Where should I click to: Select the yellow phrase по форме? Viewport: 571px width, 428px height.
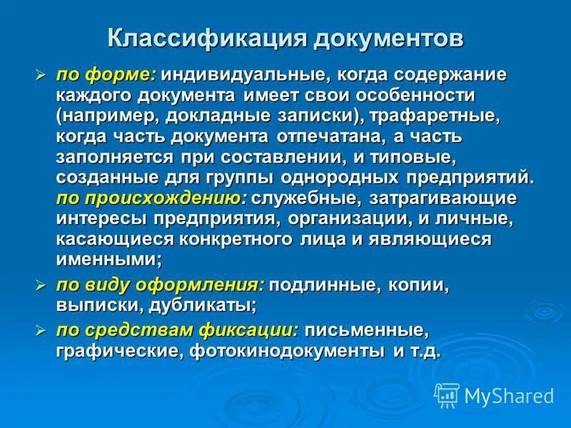tap(106, 75)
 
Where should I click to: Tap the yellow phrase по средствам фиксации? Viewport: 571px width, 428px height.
tap(178, 331)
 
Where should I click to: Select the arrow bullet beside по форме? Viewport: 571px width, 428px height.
tap(41, 75)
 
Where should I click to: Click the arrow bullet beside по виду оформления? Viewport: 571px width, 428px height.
tap(41, 286)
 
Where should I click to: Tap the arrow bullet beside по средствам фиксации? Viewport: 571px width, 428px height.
tap(41, 331)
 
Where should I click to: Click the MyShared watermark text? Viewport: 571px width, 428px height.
tap(509, 394)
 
